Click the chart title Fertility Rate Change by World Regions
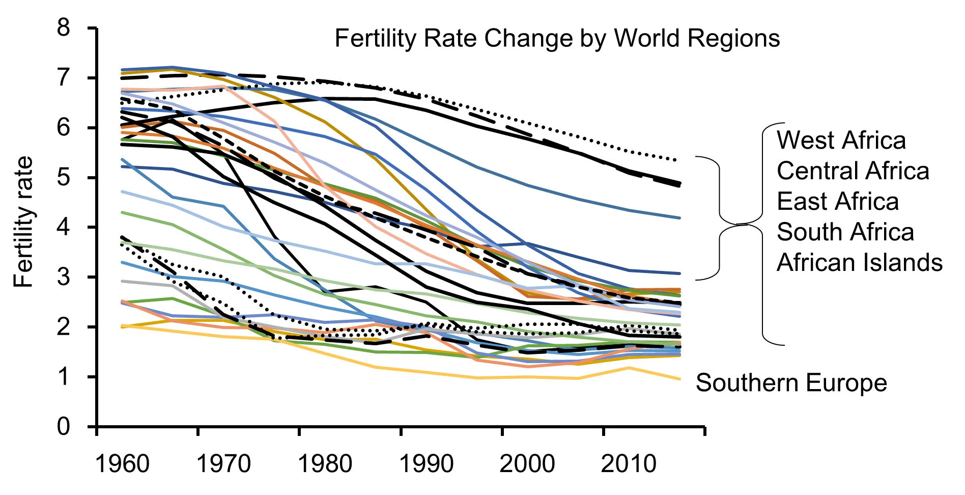coord(557,39)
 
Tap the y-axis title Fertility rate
coord(23,222)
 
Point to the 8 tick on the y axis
coord(64,28)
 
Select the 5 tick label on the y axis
coord(64,177)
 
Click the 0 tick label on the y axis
coord(64,426)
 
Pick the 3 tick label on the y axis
coord(64,277)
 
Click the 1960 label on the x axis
coord(122,464)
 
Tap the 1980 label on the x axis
coord(325,464)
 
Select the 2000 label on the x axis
coord(527,464)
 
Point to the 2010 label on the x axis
coord(629,464)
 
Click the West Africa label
coord(841,141)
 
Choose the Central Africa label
coord(853,171)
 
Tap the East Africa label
coord(837,202)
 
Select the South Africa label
coord(845,232)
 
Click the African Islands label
coord(859,263)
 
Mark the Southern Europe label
coord(791,383)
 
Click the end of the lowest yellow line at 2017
coord(679,378)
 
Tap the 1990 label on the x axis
coord(426,464)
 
